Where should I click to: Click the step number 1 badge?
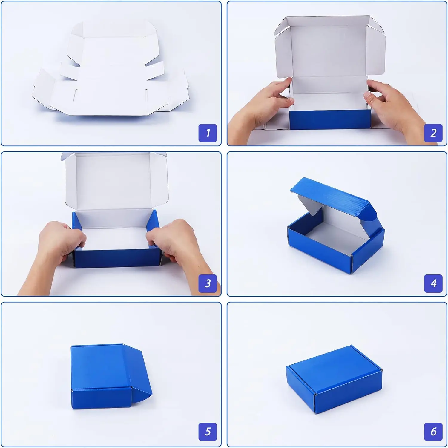[208, 133]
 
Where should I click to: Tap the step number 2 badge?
[433, 133]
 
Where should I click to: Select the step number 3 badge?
[208, 283]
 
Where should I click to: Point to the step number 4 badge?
[433, 283]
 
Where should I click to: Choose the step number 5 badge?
[208, 432]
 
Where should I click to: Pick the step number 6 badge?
[433, 432]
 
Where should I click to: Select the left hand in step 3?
[60, 242]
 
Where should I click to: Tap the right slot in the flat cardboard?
[146, 94]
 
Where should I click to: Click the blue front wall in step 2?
[330, 119]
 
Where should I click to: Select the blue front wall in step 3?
[118, 258]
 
